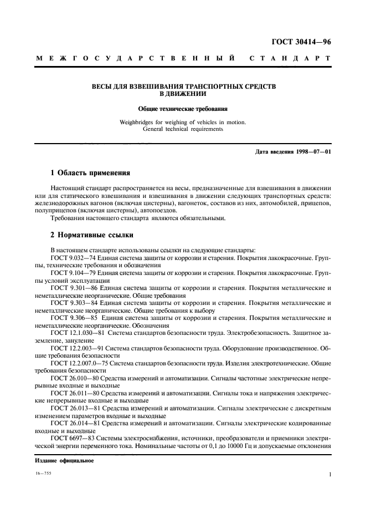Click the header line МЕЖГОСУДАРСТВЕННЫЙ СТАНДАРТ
point(183,58)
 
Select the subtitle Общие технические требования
point(183,110)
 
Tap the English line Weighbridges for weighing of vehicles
point(183,122)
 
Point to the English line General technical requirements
point(183,129)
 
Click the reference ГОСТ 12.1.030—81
point(74,333)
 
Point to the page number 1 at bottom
point(329,475)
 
